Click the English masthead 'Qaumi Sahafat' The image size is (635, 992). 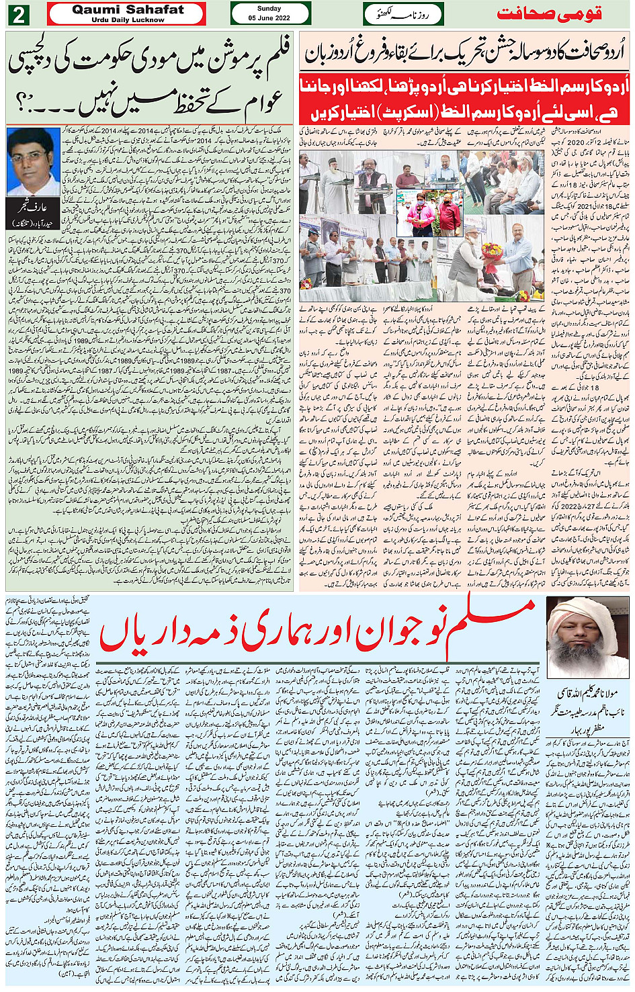pos(128,9)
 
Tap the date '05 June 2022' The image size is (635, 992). pos(269,18)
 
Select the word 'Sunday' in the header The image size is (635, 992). pos(269,9)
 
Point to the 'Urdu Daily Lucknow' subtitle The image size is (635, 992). pos(128,20)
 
